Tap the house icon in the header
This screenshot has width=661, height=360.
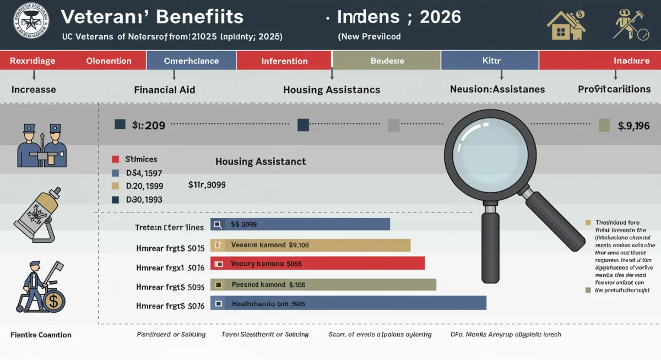[565, 25]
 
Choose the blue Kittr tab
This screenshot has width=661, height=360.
[490, 61]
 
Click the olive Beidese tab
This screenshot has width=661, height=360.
[387, 61]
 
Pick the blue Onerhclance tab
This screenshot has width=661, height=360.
[191, 61]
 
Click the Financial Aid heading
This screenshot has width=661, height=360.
[164, 89]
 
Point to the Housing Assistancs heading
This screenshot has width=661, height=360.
[331, 90]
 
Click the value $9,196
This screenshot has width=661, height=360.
[633, 126]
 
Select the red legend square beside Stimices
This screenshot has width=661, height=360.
[115, 159]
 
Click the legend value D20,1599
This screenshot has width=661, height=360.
[144, 186]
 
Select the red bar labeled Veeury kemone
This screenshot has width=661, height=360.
[317, 264]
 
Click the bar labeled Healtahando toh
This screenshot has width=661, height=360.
[348, 303]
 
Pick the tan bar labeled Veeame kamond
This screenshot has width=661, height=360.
[311, 245]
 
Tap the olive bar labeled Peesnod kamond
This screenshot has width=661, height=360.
[323, 285]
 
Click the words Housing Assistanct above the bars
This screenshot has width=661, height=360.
[260, 162]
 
